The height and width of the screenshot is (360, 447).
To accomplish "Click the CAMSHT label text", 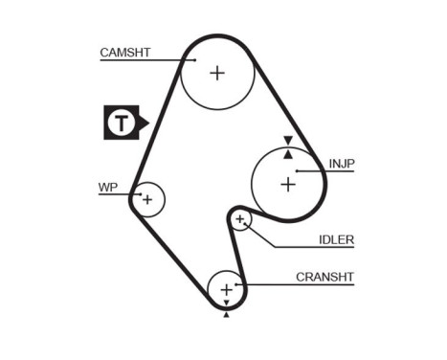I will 125,53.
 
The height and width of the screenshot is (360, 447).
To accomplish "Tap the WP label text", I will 107,187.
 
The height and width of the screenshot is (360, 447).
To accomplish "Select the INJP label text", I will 341,164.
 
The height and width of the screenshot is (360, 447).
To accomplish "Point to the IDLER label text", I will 336,239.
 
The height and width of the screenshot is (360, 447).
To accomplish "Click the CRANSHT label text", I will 324,277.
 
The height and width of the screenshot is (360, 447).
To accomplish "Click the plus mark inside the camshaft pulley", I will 217,73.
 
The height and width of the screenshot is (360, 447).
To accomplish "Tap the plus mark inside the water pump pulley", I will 147,199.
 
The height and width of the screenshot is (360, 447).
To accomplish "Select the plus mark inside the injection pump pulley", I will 287,184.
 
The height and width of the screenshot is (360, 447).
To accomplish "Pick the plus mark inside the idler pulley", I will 240,221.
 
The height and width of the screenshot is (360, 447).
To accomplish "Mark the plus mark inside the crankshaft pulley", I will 226,288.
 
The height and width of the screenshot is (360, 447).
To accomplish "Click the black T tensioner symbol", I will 123,123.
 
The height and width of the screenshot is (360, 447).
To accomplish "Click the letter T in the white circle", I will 120,123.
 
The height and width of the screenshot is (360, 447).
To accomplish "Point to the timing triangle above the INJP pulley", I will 287,140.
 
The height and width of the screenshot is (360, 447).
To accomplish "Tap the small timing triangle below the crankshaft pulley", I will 226,313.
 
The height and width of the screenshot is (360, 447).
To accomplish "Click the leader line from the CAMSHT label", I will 144,60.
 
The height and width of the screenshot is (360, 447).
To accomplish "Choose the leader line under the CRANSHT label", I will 297,284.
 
